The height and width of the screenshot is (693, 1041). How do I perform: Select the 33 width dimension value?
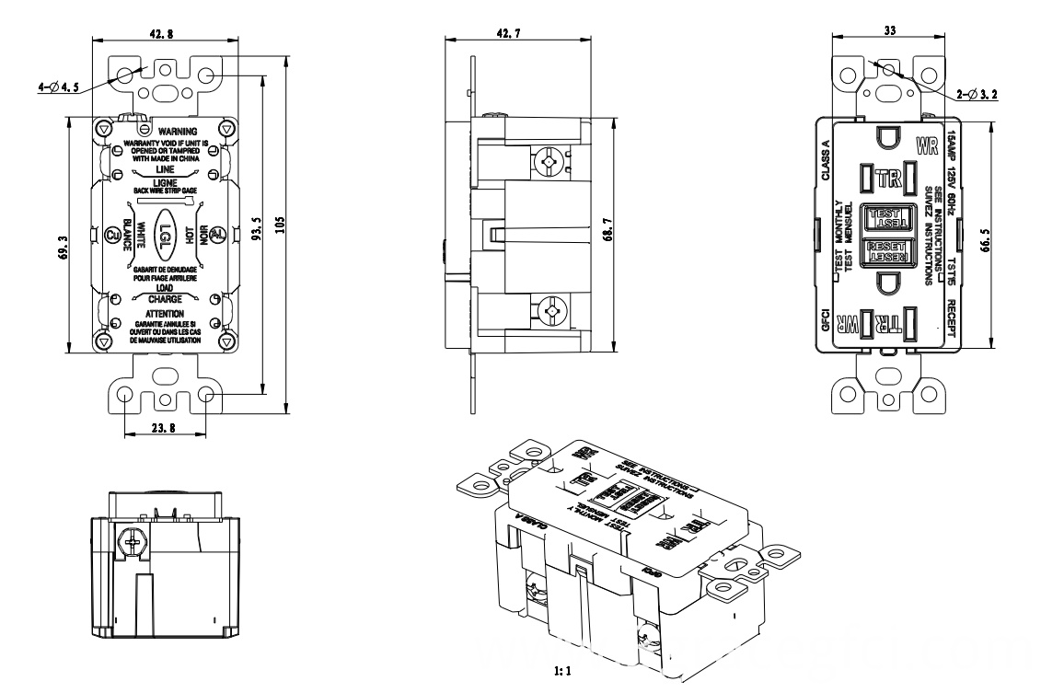(x=890, y=30)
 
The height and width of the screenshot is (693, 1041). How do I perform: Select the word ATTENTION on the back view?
(x=167, y=313)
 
